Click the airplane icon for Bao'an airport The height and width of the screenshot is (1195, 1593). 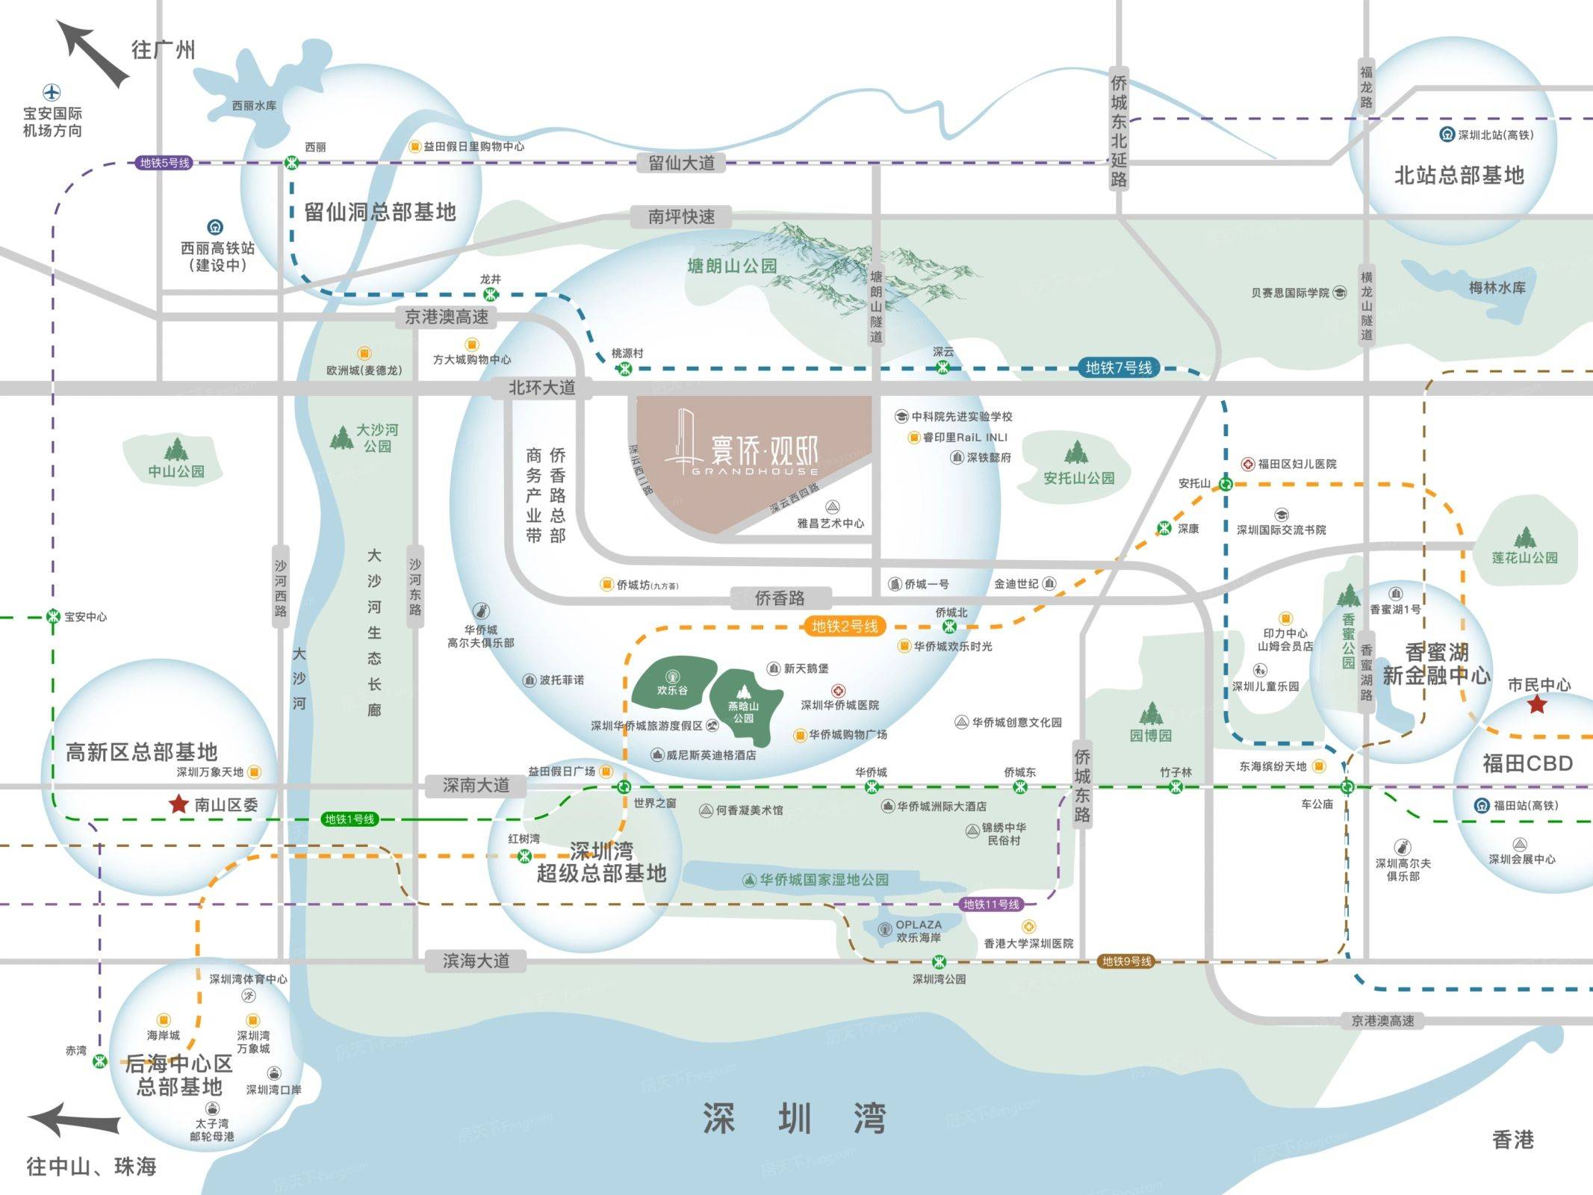(x=52, y=93)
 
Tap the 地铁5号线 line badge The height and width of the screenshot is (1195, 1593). (x=165, y=163)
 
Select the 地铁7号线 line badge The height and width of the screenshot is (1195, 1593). (x=1118, y=367)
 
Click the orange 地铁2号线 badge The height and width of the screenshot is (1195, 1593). (x=845, y=626)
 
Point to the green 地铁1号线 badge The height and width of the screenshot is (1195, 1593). (x=349, y=819)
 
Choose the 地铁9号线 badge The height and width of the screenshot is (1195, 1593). (x=1126, y=961)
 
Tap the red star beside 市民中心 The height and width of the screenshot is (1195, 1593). (x=1536, y=704)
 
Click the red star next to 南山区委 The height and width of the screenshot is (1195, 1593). (x=178, y=804)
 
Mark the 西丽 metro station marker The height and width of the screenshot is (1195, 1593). (x=292, y=163)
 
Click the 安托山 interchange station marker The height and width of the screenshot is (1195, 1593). (x=1226, y=484)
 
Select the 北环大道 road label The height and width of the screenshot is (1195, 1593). (x=541, y=388)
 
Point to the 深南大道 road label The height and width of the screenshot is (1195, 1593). (x=476, y=785)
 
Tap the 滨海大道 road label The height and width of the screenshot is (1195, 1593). (x=476, y=960)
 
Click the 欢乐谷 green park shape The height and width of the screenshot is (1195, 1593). (x=670, y=681)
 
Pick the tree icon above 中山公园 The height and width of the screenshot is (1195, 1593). (x=176, y=449)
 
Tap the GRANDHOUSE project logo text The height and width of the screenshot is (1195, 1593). (x=754, y=472)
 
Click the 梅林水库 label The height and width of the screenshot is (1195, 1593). (x=1497, y=288)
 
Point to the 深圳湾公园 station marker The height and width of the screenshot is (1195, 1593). (x=940, y=962)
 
